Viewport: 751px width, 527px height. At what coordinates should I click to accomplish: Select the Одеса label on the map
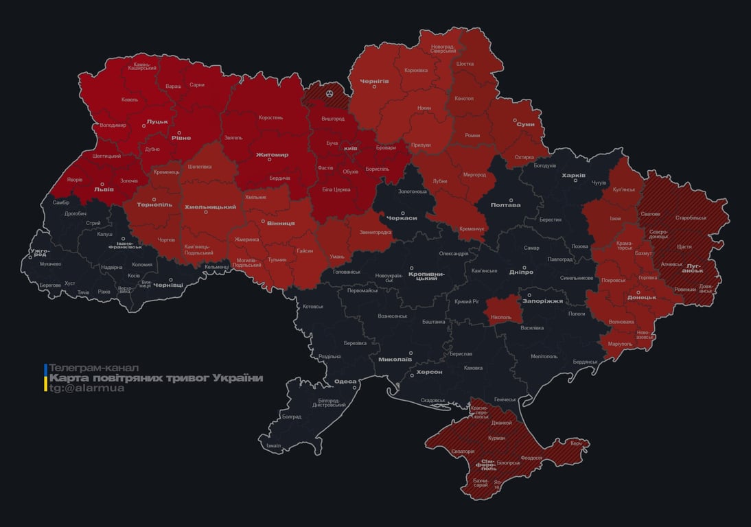[x=345, y=382]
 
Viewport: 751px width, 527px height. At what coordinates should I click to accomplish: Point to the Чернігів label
[x=375, y=81]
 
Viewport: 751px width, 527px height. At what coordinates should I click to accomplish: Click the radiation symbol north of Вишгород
[x=330, y=91]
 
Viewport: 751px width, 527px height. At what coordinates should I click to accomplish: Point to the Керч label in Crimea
[x=576, y=443]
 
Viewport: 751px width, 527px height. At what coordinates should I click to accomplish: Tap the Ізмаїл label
[x=274, y=446]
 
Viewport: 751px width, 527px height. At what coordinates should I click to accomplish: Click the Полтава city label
[x=505, y=205]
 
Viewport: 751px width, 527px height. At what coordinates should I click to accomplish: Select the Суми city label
[x=526, y=124]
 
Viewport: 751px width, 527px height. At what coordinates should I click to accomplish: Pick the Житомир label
[x=272, y=155]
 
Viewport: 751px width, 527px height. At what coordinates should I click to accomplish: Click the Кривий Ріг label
[x=467, y=301]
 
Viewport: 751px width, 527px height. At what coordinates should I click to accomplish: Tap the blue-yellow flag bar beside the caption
[x=45, y=378]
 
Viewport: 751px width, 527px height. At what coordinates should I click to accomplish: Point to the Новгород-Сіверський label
[x=443, y=49]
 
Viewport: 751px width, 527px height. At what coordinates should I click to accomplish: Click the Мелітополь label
[x=544, y=356]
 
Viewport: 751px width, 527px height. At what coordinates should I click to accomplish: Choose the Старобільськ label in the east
[x=691, y=218]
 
